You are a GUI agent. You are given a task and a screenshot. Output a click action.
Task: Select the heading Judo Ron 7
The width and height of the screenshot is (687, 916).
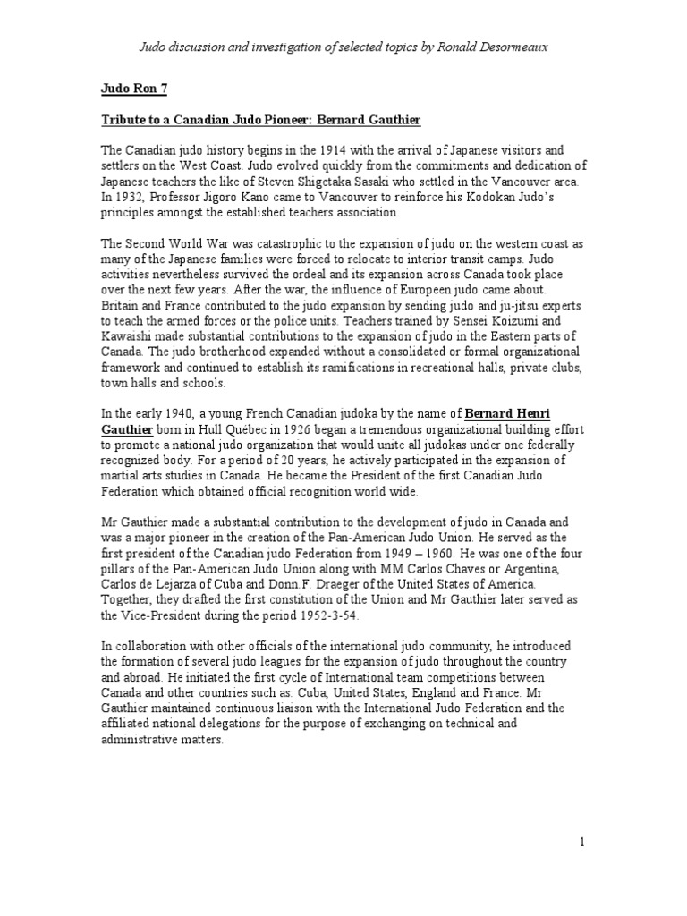point(133,89)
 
